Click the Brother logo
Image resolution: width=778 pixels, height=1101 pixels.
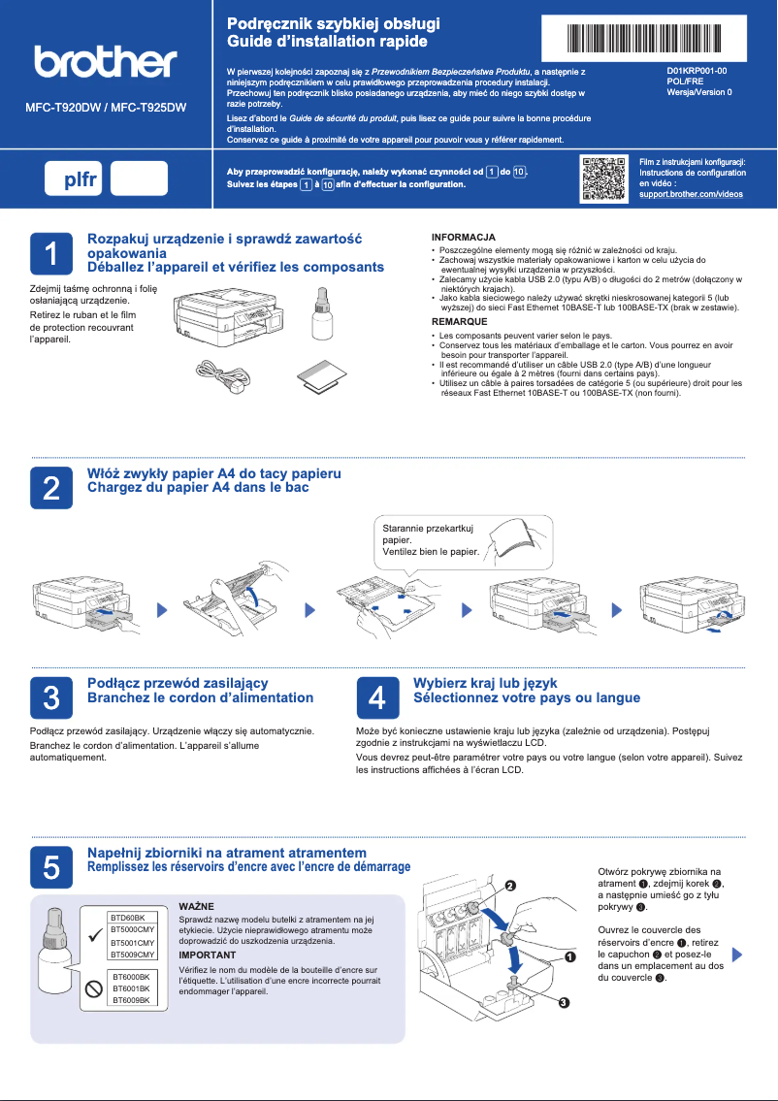point(106,62)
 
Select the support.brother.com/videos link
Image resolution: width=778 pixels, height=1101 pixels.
point(691,194)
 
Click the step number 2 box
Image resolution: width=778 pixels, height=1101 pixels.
point(51,487)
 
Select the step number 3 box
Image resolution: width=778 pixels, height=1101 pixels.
point(51,696)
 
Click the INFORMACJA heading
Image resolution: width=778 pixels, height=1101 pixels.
point(464,237)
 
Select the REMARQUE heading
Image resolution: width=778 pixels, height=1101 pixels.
point(460,320)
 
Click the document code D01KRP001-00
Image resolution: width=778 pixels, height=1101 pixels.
point(697,72)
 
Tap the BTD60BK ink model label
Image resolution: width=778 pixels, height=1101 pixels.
point(127,917)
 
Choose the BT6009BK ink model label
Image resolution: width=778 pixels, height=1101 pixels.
point(130,999)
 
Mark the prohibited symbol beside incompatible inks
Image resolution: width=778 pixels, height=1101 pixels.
point(94,988)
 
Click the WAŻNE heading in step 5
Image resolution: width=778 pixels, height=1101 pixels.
point(197,905)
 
